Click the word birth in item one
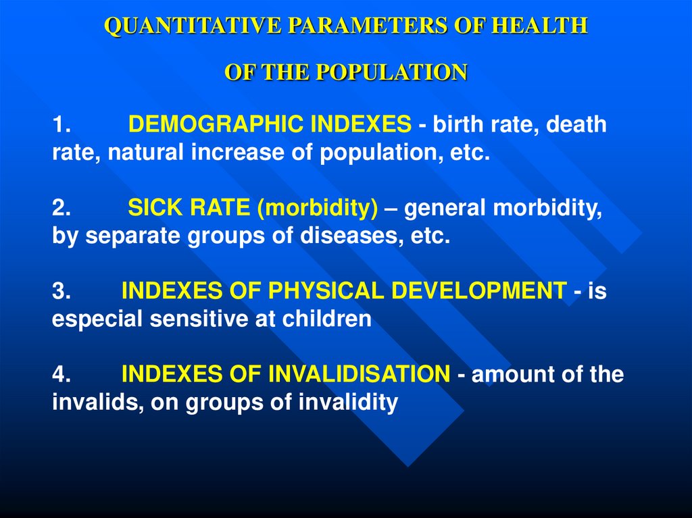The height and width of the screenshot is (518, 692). click(453, 125)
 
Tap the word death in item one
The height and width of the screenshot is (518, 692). click(576, 125)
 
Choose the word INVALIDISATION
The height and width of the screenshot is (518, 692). click(354, 374)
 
